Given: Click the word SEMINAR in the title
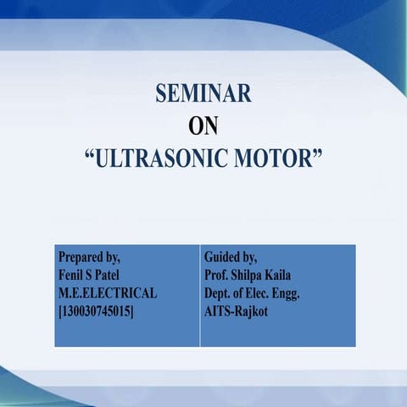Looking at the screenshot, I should pyautogui.click(x=204, y=94).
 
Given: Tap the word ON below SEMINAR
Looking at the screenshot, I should pyautogui.click(x=204, y=126).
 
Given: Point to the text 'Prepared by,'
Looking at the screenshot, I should pyautogui.click(x=89, y=255).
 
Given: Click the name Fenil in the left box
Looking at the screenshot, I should pyautogui.click(x=72, y=274).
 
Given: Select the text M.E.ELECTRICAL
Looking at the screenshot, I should pyautogui.click(x=107, y=293).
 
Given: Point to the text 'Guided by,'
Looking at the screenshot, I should pyautogui.click(x=231, y=255).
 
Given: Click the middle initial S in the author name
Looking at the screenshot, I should pyautogui.click(x=94, y=274).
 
